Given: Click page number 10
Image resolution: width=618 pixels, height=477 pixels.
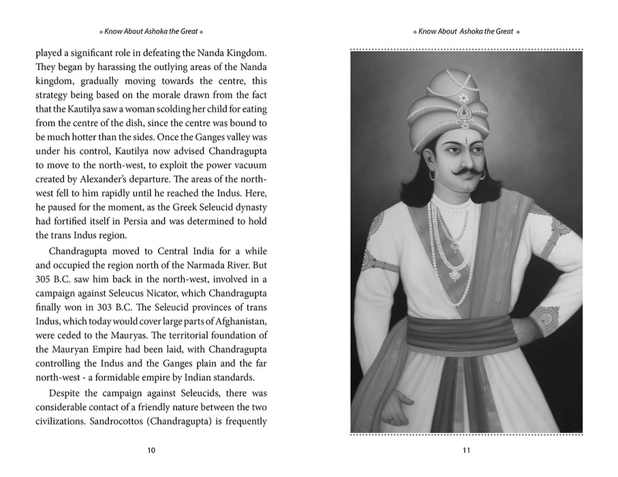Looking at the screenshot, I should coord(151,450).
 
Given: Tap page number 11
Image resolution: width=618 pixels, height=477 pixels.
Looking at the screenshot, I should coord(467,450).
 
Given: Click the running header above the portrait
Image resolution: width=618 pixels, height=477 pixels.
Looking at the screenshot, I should coord(467,32).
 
